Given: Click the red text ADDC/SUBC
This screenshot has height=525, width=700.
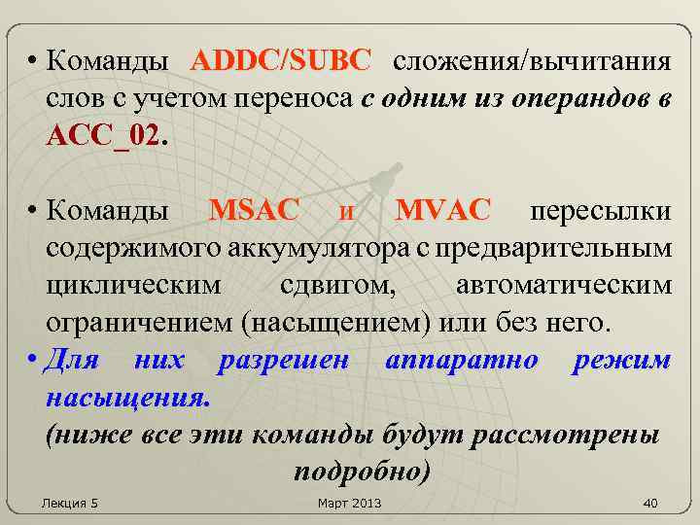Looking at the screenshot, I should [281, 62].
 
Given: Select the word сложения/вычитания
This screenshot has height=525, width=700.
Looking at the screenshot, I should [531, 62].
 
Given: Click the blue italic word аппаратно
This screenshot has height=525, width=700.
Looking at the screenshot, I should [462, 362].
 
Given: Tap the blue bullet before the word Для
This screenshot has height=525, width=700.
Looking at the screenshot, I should [33, 362].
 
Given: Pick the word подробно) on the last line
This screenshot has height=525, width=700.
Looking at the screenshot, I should [359, 471].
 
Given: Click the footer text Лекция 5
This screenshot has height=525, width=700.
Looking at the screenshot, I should [70, 503].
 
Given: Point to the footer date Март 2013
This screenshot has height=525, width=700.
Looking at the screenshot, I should [350, 503].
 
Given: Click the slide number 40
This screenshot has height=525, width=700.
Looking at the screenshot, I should [650, 503].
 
